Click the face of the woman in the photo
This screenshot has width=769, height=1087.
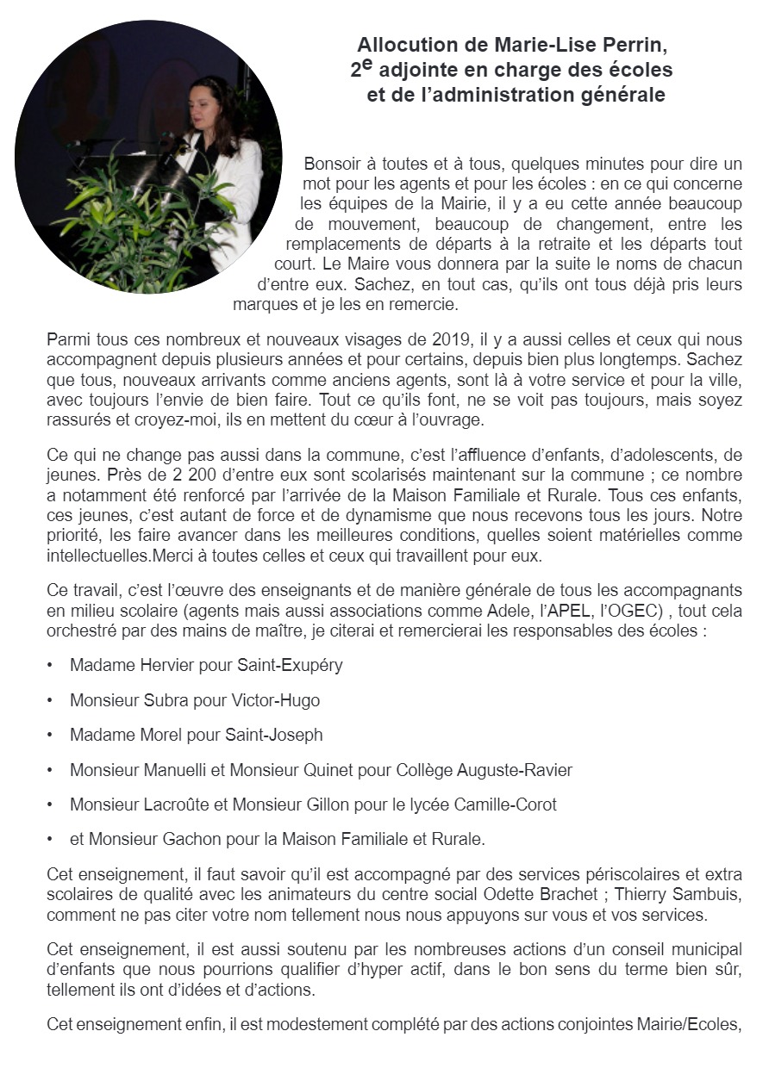pyautogui.click(x=210, y=104)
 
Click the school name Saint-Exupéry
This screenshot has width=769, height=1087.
pyautogui.click(x=281, y=666)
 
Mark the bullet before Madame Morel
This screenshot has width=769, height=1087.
pyautogui.click(x=51, y=735)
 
